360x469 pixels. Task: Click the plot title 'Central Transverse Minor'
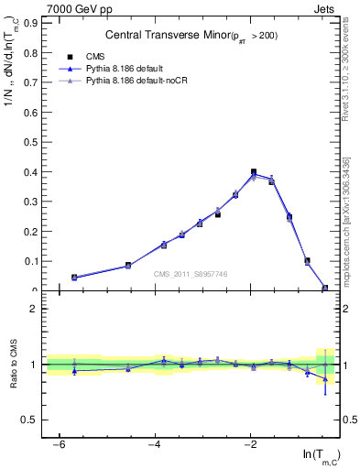tap(191, 36)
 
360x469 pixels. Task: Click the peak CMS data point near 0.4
tap(254, 172)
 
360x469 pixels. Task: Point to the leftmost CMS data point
tap(74, 277)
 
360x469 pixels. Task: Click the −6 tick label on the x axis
tap(59, 444)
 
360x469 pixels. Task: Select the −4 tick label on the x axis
tap(155, 444)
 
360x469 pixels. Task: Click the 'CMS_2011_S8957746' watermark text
tap(191, 274)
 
